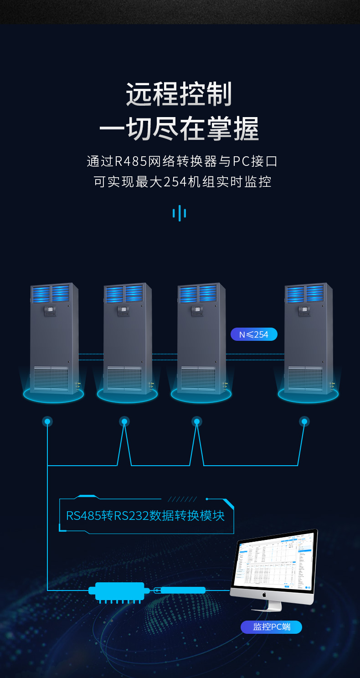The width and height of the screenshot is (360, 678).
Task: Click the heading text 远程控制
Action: point(179,95)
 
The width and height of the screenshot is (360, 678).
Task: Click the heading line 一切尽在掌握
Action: point(179,129)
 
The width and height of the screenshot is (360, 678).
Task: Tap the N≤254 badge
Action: point(254,334)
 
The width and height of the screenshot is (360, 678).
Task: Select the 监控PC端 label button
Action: point(271,627)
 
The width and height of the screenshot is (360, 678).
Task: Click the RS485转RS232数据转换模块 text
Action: point(145,516)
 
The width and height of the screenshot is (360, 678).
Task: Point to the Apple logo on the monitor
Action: point(263,595)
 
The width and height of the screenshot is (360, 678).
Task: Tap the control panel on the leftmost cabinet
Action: point(50,311)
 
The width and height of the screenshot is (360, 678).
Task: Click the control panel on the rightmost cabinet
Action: point(304,311)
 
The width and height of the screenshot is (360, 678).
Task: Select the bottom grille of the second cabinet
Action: point(124,378)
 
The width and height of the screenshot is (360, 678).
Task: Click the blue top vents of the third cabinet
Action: point(201,294)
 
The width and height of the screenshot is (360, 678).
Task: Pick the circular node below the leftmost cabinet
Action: point(47,421)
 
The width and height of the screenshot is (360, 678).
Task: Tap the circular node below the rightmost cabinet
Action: point(304,421)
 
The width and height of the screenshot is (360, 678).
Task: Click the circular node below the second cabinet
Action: point(124,421)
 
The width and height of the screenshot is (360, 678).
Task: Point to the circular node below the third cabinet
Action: point(197,421)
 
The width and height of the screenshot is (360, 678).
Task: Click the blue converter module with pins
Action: point(119,591)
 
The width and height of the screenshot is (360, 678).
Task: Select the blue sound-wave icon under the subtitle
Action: point(180,213)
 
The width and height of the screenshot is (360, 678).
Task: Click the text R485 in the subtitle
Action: point(130,161)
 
